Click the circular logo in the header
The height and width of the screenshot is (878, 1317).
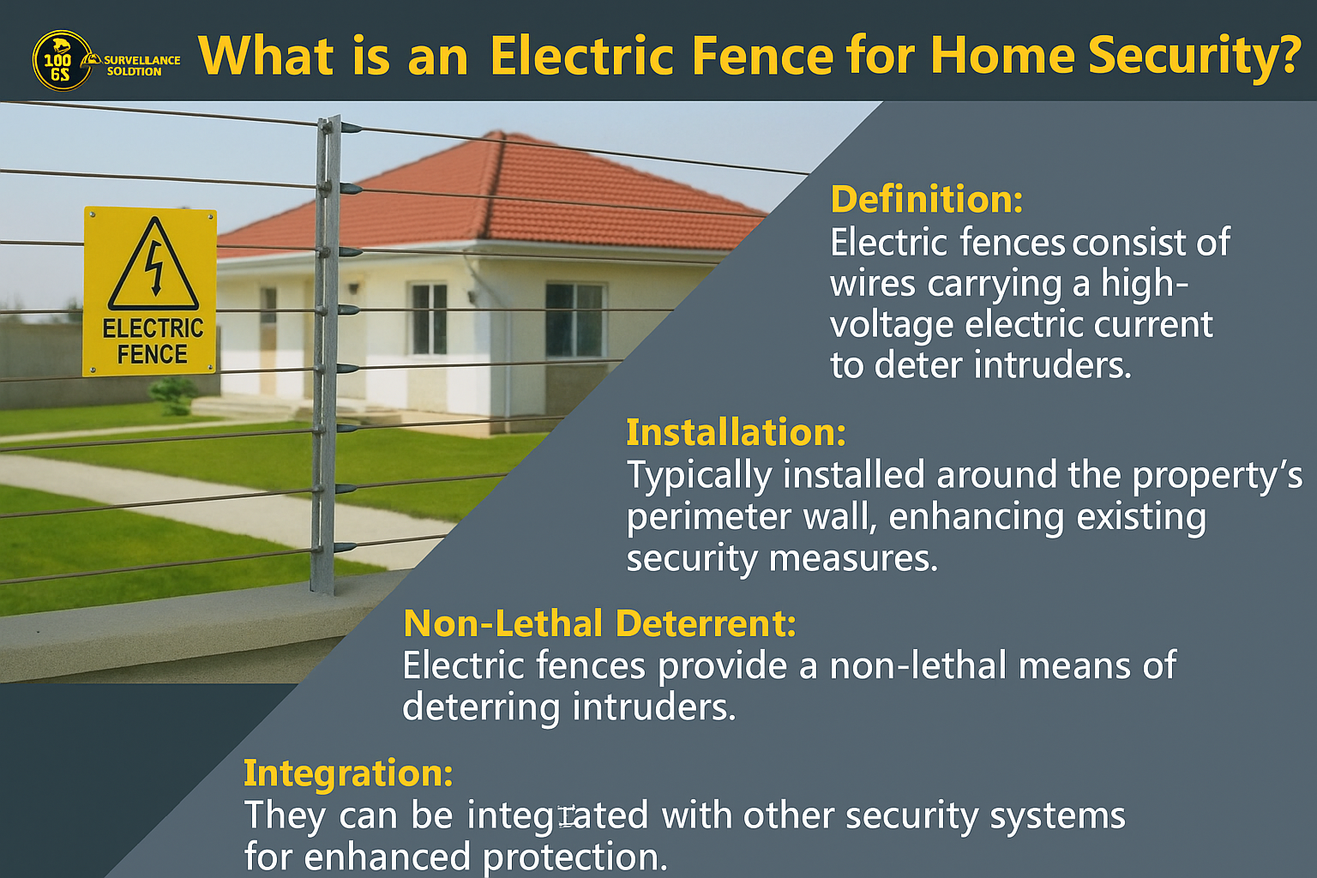point(63,61)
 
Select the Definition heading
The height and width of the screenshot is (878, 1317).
point(927,200)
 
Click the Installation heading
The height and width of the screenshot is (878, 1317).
point(737,432)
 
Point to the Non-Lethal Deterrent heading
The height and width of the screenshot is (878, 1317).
point(599,623)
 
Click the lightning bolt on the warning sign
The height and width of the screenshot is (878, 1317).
point(154,268)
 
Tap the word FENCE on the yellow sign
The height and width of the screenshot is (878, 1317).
point(153,355)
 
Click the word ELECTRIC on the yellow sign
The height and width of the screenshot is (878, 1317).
point(153,328)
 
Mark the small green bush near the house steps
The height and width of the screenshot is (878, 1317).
point(173,395)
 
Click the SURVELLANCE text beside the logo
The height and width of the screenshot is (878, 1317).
point(141,60)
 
